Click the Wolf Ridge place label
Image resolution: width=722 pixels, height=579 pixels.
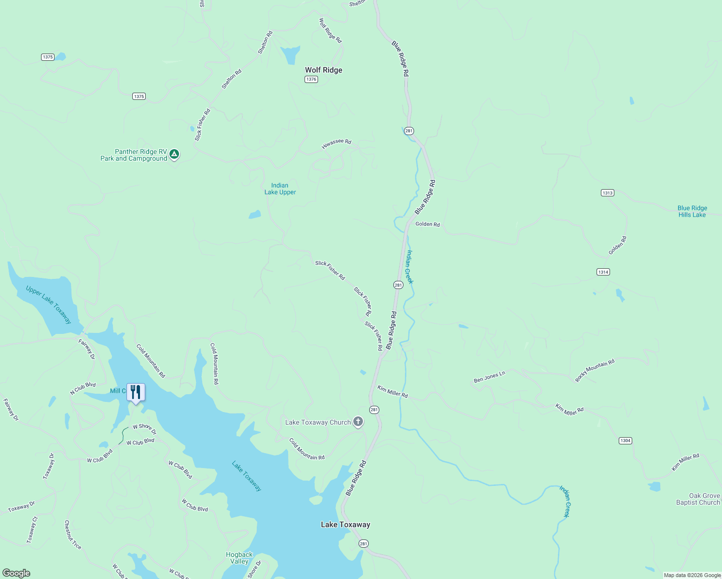click(x=323, y=70)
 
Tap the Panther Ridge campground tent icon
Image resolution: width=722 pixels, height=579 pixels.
click(x=174, y=154)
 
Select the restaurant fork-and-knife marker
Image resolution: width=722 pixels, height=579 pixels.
click(x=136, y=392)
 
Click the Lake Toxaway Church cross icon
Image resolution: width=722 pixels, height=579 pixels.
click(x=358, y=422)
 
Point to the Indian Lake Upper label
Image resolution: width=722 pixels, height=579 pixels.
click(x=280, y=189)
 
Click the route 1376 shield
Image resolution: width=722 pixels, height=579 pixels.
click(x=311, y=79)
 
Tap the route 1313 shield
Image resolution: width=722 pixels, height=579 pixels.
click(x=607, y=193)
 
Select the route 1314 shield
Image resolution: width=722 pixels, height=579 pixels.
click(x=603, y=272)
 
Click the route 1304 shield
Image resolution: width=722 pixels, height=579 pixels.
click(x=625, y=441)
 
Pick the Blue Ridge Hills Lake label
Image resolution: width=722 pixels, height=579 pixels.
click(x=692, y=211)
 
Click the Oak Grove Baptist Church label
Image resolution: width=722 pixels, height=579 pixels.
click(x=698, y=499)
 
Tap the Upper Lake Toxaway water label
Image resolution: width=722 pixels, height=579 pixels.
click(x=49, y=305)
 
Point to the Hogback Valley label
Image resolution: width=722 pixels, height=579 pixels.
click(x=239, y=558)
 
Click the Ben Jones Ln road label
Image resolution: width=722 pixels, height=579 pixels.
click(x=489, y=377)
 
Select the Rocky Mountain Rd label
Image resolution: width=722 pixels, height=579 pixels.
click(x=595, y=371)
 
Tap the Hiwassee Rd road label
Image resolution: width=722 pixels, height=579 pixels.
click(x=337, y=143)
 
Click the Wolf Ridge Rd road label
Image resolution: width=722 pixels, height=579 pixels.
click(x=330, y=30)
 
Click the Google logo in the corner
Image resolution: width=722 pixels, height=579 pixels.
click(x=16, y=573)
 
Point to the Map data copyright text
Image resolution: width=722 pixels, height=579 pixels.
click(x=692, y=575)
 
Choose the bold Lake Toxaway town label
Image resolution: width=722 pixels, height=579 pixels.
click(x=346, y=524)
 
